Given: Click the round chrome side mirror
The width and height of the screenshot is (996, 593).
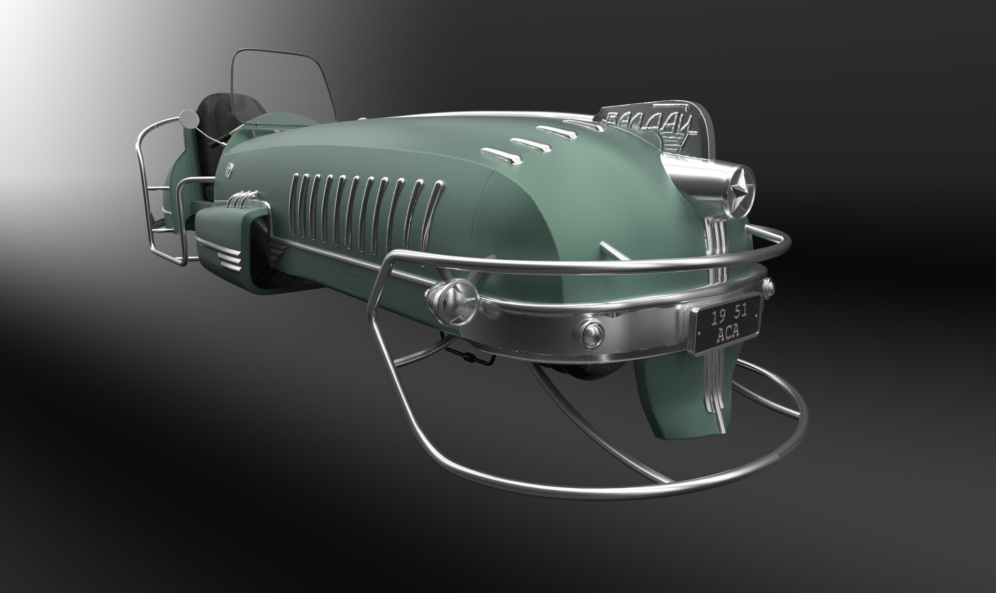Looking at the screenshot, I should (188, 118).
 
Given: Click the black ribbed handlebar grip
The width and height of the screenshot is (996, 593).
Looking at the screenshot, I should (218, 140).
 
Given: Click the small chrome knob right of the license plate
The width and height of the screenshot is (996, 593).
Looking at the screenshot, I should (768, 285).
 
